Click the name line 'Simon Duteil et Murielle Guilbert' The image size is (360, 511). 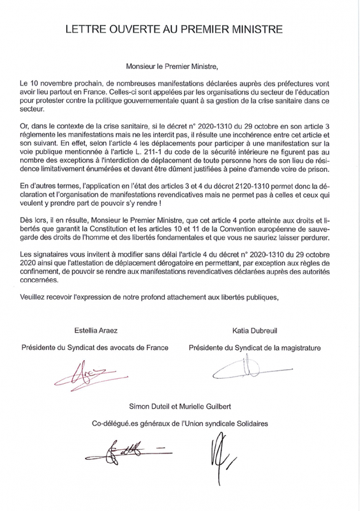point(180,407)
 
